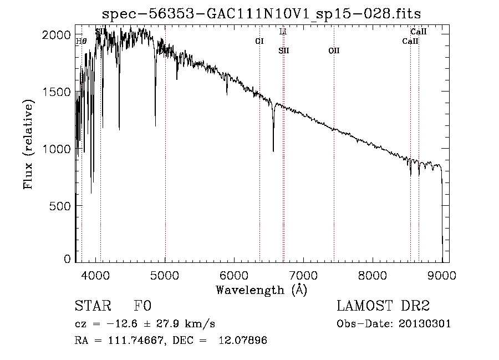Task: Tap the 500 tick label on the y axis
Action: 61,206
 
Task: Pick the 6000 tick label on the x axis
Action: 234,274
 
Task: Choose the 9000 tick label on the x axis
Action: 442,274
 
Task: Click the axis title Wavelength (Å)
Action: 261,289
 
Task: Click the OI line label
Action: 259,41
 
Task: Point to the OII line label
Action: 334,50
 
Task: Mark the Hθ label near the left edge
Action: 81,40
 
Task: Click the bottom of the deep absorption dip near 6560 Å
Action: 273,151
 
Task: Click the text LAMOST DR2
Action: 383,307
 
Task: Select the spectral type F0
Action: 142,307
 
